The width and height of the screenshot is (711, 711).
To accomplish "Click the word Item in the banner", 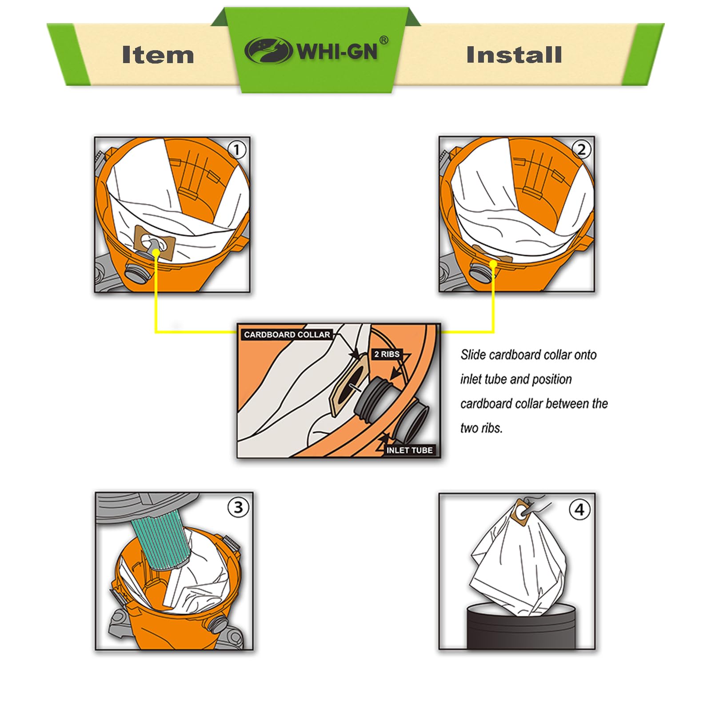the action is [x=158, y=55].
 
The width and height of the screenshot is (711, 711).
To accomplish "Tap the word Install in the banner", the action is [x=514, y=55].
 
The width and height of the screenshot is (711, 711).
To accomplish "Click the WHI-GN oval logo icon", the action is [x=268, y=50].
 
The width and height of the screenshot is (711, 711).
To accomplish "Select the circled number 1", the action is [x=237, y=150].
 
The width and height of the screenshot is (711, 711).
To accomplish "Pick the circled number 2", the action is [x=581, y=149].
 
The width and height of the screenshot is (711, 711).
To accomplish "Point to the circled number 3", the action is [x=238, y=507].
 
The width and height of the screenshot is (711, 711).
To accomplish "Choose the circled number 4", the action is [x=579, y=509].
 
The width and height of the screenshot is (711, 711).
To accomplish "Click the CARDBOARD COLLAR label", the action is [x=287, y=335].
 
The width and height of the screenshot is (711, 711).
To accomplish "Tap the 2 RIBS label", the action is [x=387, y=354].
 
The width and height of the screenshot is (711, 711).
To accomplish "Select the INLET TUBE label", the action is [x=409, y=450].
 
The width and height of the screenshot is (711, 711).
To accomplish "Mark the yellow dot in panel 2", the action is [x=493, y=264].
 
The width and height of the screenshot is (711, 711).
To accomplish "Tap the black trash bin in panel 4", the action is [x=521, y=627].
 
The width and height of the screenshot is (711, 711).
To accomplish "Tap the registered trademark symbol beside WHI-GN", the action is [x=384, y=40].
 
